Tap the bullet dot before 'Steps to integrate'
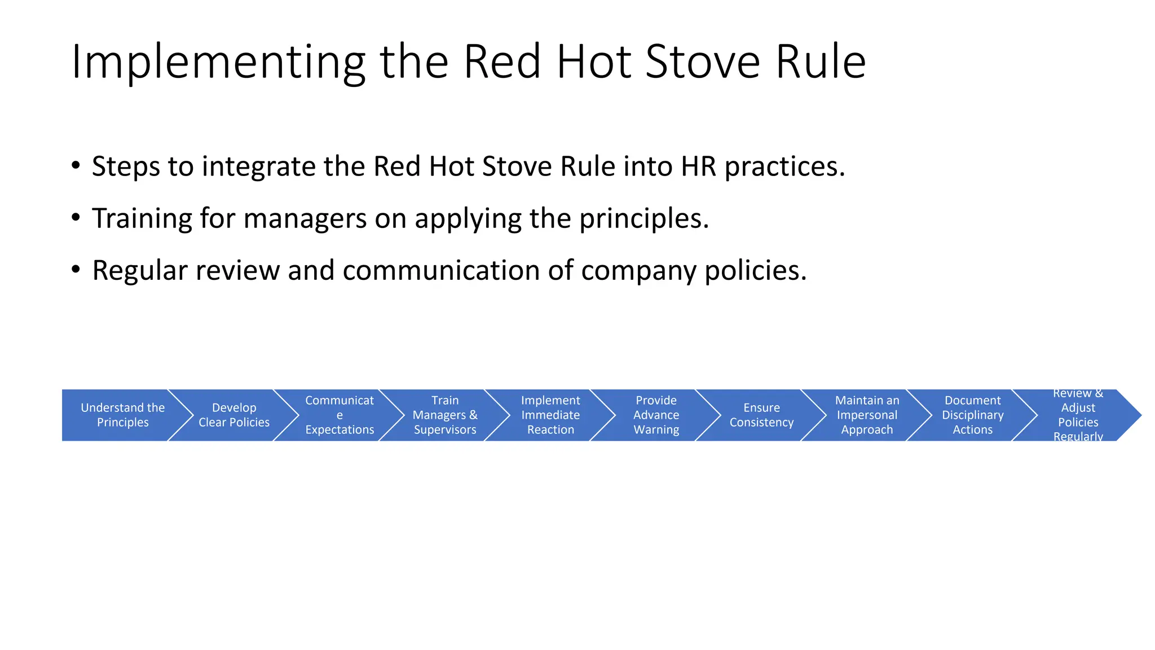76,165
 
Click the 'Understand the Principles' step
122,415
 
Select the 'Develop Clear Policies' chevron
234,415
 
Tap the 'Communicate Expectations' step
340,415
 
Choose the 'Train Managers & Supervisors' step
445,415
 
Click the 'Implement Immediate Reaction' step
550,415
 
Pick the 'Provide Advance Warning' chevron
656,415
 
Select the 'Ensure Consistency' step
761,415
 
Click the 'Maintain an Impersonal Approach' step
867,415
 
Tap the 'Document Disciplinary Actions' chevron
972,415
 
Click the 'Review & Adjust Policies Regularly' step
1078,415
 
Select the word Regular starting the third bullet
139,270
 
